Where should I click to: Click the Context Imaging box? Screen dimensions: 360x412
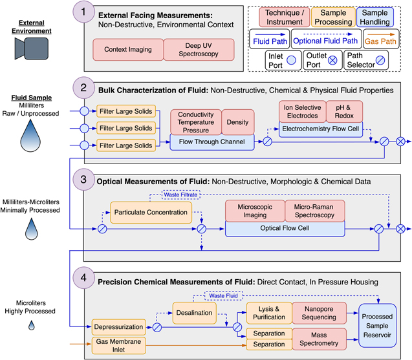click(128, 49)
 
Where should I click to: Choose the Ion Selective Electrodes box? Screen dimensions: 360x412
click(302, 111)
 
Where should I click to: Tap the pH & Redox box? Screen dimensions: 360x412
click(344, 111)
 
